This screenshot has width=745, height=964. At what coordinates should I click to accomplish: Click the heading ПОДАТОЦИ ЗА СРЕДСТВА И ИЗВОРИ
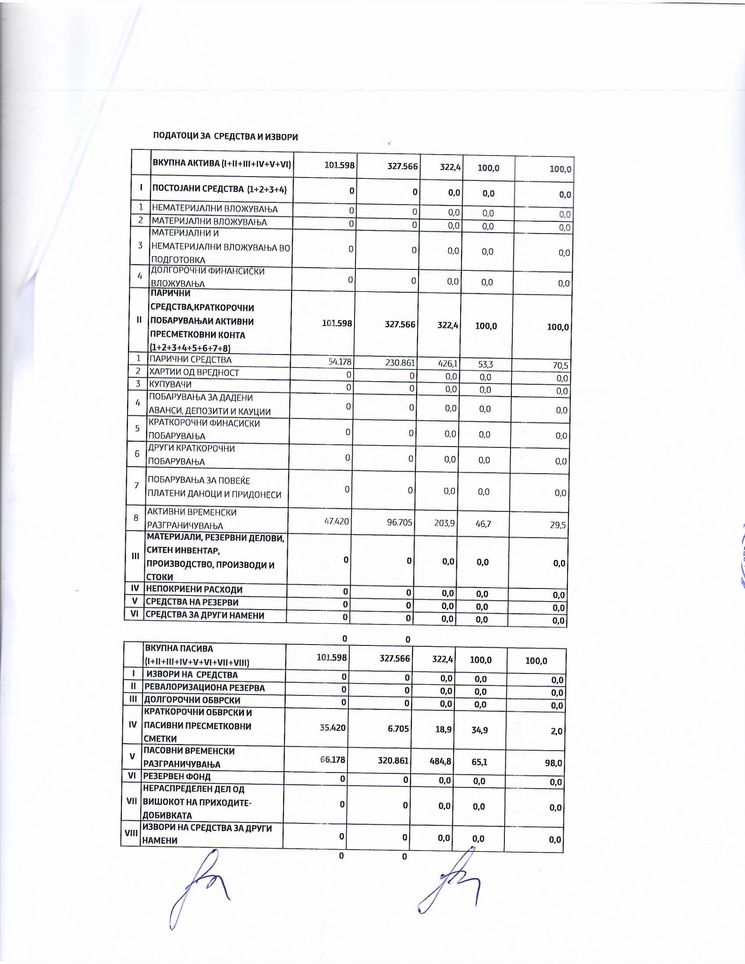(225, 136)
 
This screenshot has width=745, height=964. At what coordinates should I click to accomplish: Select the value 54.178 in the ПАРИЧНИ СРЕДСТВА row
(339, 362)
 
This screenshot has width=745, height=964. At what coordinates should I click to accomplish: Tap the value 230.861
(400, 363)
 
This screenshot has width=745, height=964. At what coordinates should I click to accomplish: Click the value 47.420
(336, 521)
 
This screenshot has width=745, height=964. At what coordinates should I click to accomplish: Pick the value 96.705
(397, 523)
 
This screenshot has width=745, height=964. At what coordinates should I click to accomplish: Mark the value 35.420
(332, 727)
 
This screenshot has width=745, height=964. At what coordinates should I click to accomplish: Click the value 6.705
(397, 729)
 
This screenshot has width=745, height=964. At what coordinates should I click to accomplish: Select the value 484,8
(440, 761)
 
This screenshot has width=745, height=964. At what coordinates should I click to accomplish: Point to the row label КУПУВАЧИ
(170, 384)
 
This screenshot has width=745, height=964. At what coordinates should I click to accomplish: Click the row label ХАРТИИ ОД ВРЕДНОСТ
(194, 372)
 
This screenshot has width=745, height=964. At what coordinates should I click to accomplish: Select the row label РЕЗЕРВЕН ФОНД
(177, 776)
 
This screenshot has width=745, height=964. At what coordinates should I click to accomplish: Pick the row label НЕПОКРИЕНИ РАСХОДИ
(194, 589)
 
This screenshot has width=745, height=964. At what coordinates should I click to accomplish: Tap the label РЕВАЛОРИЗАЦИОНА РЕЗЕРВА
(204, 688)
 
